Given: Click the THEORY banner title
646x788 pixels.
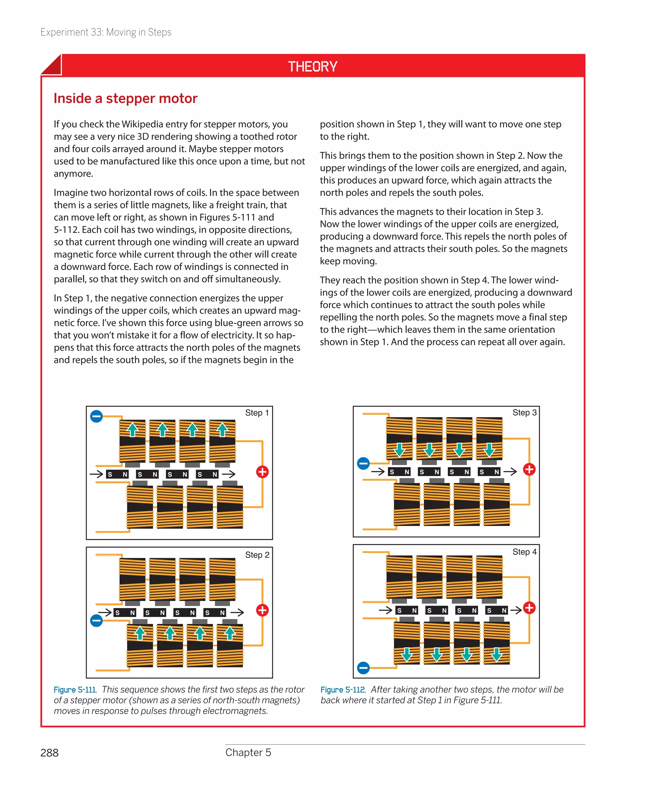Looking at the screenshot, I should pyautogui.click(x=313, y=67).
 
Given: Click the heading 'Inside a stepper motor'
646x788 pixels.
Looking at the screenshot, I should pyautogui.click(x=126, y=98).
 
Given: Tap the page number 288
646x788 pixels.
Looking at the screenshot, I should pyautogui.click(x=50, y=753).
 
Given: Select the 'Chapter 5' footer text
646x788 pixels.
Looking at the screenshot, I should pyautogui.click(x=248, y=752).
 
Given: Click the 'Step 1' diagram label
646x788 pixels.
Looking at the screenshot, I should pyautogui.click(x=257, y=413).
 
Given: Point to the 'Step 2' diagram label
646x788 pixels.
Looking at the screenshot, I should pyautogui.click(x=257, y=555).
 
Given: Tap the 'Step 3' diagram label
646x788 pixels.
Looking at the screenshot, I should pyautogui.click(x=524, y=412).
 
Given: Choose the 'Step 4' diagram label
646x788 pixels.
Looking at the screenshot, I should pyautogui.click(x=524, y=552).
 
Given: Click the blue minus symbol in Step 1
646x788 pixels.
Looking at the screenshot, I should pyautogui.click(x=97, y=416).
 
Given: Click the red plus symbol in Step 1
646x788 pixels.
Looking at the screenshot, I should pyautogui.click(x=262, y=472).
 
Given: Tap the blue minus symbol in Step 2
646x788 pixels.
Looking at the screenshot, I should pyautogui.click(x=97, y=620).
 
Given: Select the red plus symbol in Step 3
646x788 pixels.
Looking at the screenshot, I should pyautogui.click(x=529, y=469).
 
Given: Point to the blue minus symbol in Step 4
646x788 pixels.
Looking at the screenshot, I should pyautogui.click(x=363, y=668).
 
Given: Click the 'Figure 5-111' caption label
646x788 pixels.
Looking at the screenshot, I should pyautogui.click(x=75, y=690).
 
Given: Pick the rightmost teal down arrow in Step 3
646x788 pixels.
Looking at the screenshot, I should pyautogui.click(x=489, y=450).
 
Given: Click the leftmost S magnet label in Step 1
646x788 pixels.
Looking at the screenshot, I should pyautogui.click(x=110, y=475).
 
